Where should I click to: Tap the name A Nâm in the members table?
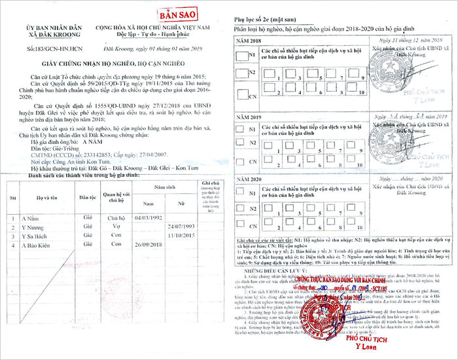point(32,219)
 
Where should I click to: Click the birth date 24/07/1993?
point(182,226)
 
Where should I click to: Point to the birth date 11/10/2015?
point(182,235)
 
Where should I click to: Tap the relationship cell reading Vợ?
point(116,226)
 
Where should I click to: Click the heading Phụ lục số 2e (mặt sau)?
point(263,20)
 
